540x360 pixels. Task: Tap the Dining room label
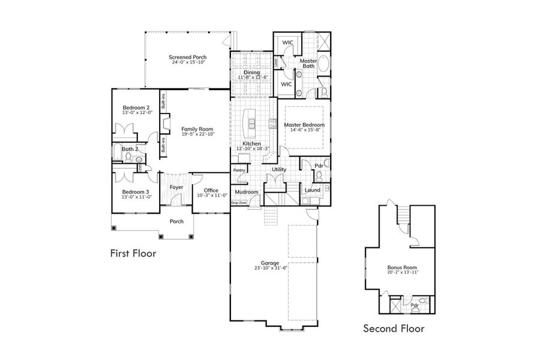251,73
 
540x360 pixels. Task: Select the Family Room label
197,129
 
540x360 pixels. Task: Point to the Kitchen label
251,144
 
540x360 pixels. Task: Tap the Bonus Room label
401,267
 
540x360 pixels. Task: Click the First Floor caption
133,253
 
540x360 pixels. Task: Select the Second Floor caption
394,328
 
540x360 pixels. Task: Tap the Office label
211,190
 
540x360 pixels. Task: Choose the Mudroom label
246,192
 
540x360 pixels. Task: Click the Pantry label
240,170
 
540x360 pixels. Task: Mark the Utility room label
279,170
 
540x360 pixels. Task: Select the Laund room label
312,190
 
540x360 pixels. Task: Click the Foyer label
176,187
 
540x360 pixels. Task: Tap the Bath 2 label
130,149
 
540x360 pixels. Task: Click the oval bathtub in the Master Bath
323,64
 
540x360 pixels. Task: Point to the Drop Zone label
239,203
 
